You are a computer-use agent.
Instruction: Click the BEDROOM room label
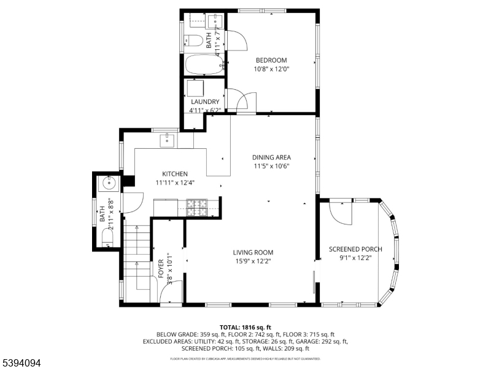pyautogui.click(x=271, y=60)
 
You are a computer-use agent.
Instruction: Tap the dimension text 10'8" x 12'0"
pyautogui.click(x=271, y=69)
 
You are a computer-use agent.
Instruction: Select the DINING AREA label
pyautogui.click(x=271, y=157)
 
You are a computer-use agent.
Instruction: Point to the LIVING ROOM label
pyautogui.click(x=253, y=252)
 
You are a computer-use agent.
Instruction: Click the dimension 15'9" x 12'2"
pyautogui.click(x=253, y=261)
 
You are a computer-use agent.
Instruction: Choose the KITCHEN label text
pyautogui.click(x=175, y=174)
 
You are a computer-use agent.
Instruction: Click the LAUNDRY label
pyautogui.click(x=205, y=101)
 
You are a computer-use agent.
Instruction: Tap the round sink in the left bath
pyautogui.click(x=110, y=183)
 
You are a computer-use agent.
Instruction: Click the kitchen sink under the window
pyautogui.click(x=167, y=141)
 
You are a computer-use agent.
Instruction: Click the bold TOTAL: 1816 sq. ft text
pyautogui.click(x=245, y=327)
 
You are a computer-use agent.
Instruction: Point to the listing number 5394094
pyautogui.click(x=21, y=363)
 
